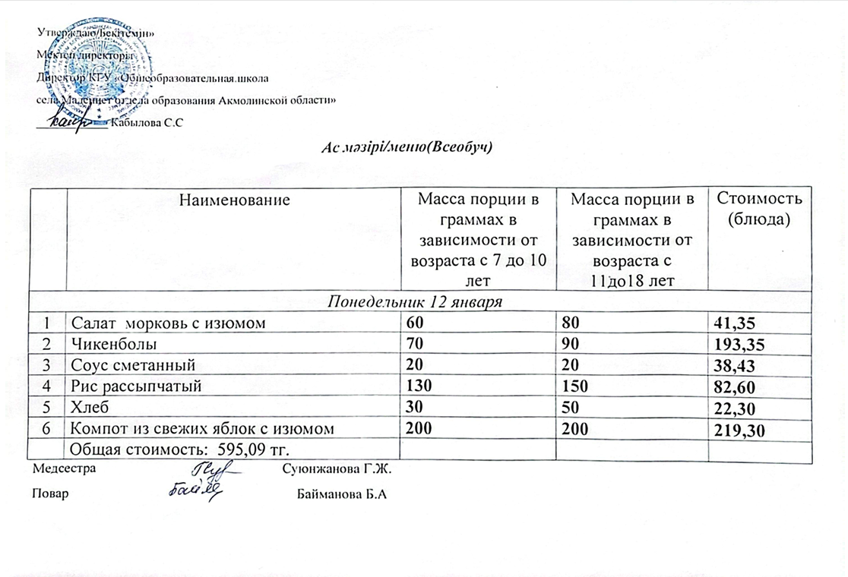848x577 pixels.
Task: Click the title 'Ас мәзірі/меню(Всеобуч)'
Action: (x=409, y=147)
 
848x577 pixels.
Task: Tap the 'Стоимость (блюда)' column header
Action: (x=761, y=209)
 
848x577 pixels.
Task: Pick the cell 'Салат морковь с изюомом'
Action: (x=167, y=323)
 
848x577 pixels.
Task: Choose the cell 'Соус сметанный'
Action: (x=133, y=365)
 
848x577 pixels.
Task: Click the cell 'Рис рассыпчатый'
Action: (x=136, y=386)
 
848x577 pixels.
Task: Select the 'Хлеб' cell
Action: (x=88, y=408)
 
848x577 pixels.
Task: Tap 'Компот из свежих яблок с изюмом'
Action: (x=202, y=429)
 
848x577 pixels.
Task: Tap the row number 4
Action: (x=46, y=386)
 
